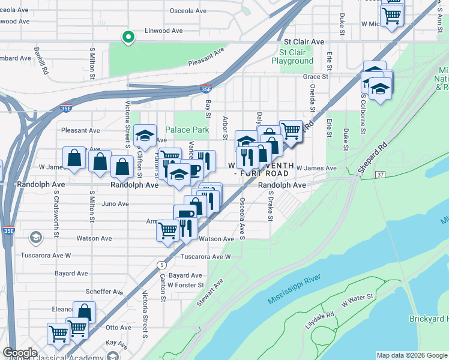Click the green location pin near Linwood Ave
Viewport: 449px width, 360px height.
click(127, 38)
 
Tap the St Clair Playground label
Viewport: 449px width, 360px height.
click(292, 56)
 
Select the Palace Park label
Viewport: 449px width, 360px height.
click(187, 130)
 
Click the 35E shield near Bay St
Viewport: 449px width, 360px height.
click(206, 89)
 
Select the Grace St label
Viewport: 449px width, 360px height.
click(315, 77)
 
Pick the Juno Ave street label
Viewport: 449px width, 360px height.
click(115, 204)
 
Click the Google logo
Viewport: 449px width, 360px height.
click(20, 352)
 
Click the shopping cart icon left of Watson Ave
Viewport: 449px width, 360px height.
click(167, 230)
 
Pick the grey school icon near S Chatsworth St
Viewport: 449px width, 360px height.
click(36, 238)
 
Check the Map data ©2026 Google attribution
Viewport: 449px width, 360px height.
click(411, 355)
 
